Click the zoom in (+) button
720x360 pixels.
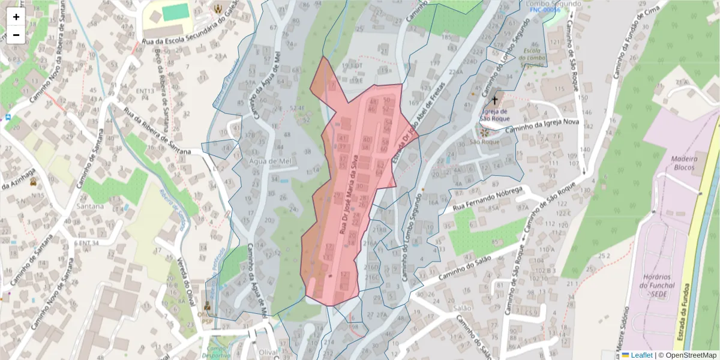click(x=16, y=17)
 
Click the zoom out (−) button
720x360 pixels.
click(x=16, y=35)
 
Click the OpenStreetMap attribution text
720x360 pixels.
click(x=687, y=355)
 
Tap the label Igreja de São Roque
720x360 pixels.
click(x=495, y=115)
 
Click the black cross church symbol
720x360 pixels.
click(x=495, y=100)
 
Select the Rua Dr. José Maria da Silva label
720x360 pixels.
click(x=349, y=196)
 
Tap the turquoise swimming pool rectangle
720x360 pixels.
click(x=176, y=12)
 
